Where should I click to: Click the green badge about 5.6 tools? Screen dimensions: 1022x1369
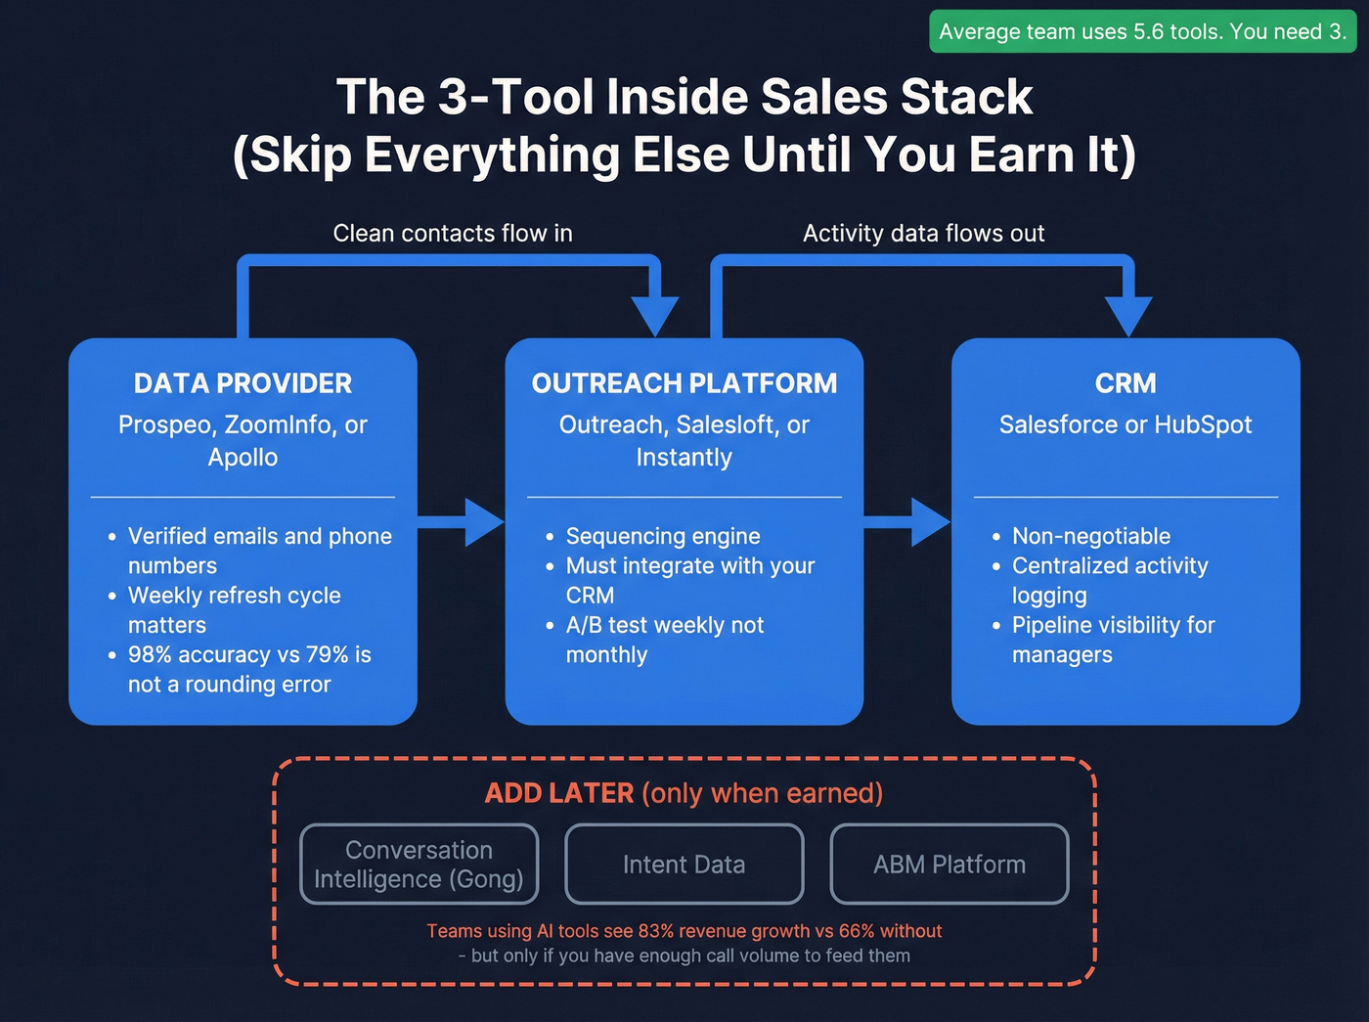click(1142, 31)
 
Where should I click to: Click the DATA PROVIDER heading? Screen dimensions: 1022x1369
click(243, 383)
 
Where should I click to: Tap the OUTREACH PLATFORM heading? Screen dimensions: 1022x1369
click(684, 383)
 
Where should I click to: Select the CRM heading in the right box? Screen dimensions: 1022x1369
click(1126, 383)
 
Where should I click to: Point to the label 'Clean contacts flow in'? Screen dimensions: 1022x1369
click(453, 234)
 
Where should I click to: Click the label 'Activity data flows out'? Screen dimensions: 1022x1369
click(923, 234)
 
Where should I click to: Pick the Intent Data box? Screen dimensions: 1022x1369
click(684, 865)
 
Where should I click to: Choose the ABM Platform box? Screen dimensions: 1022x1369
click(949, 865)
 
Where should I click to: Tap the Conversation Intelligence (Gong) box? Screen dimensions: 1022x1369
click(419, 865)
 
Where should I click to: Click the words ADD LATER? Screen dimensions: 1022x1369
click(559, 793)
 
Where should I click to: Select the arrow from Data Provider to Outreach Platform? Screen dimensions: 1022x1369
click(461, 522)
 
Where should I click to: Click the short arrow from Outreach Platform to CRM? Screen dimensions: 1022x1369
click(907, 522)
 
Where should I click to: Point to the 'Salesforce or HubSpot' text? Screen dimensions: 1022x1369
click(1126, 424)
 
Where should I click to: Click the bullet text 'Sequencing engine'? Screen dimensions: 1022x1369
click(663, 536)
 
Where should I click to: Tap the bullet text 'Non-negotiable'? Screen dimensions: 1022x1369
click(1091, 536)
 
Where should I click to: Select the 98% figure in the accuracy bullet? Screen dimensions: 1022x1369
click(151, 655)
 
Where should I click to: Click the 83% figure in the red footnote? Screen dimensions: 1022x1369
click(655, 931)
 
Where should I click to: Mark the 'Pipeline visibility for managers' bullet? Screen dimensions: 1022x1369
click(1113, 640)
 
